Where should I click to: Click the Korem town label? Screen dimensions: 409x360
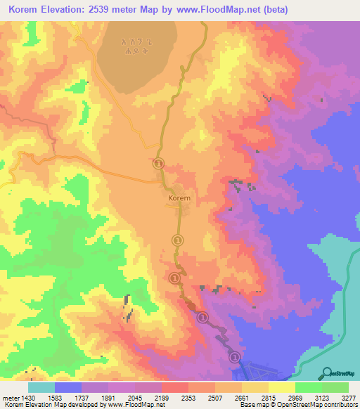click(x=179, y=199)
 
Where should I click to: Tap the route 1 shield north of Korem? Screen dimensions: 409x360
click(x=159, y=164)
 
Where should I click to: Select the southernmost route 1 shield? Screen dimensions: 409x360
click(x=236, y=357)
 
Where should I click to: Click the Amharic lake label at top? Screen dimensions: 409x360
click(x=136, y=46)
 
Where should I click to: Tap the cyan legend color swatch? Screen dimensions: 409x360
click(x=41, y=387)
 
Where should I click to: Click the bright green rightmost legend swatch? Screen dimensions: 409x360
click(x=335, y=387)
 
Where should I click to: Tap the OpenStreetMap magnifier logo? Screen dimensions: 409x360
click(x=326, y=373)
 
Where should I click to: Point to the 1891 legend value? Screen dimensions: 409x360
click(x=108, y=398)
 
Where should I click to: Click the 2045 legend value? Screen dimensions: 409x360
click(x=134, y=398)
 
